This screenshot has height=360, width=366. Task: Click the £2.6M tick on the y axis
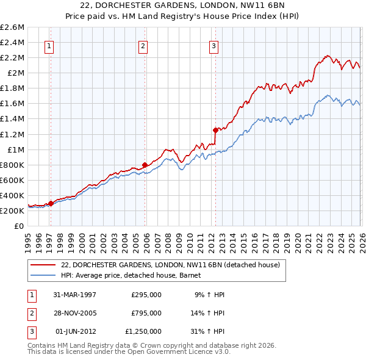[12, 27]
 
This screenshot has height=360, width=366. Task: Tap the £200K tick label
[12, 211]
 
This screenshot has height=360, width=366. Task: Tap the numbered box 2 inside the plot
[143, 45]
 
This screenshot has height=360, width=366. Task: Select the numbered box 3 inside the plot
[214, 45]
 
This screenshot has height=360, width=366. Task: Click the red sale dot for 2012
[215, 130]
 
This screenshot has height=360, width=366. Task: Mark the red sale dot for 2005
[145, 165]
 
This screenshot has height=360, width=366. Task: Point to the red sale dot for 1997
[51, 203]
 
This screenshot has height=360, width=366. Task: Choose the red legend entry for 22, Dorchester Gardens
[170, 265]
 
